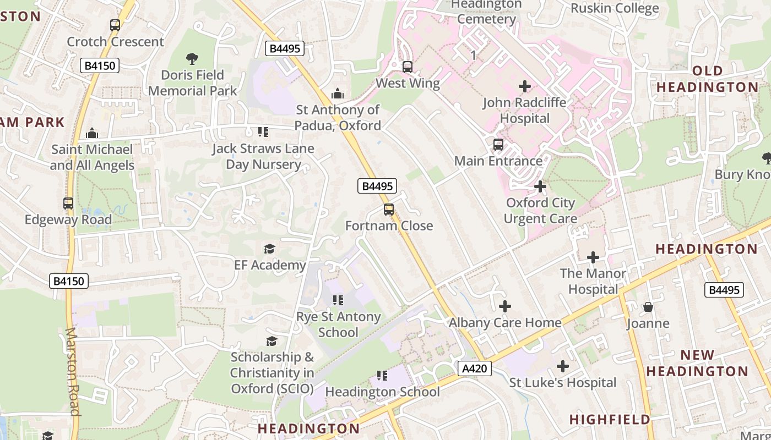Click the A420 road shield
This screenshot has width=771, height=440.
tap(474, 368)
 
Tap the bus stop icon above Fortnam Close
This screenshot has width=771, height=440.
tap(389, 210)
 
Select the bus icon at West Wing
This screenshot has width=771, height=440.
tap(408, 67)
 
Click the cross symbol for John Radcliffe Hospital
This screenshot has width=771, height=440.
tap(525, 86)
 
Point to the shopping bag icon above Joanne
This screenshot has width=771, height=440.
tap(648, 307)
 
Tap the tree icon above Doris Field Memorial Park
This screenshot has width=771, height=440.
tap(192, 58)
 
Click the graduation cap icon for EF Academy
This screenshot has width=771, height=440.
tap(269, 249)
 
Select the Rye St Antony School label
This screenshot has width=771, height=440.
tap(338, 324)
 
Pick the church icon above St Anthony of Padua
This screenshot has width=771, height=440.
tap(338, 94)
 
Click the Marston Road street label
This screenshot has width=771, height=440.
tap(73, 372)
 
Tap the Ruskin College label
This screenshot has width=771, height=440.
tap(615, 8)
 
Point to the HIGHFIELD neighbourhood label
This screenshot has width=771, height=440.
tap(610, 420)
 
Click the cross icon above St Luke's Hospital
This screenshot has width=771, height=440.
tap(562, 366)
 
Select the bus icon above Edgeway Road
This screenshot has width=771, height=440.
tap(68, 204)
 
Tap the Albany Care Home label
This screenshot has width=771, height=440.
tap(505, 323)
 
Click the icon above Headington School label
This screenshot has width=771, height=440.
tap(382, 376)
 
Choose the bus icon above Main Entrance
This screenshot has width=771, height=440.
tap(498, 145)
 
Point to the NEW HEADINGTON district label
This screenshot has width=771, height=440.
tap(697, 363)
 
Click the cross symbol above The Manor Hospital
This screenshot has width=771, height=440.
tap(593, 257)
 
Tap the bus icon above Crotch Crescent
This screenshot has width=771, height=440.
tap(115, 25)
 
